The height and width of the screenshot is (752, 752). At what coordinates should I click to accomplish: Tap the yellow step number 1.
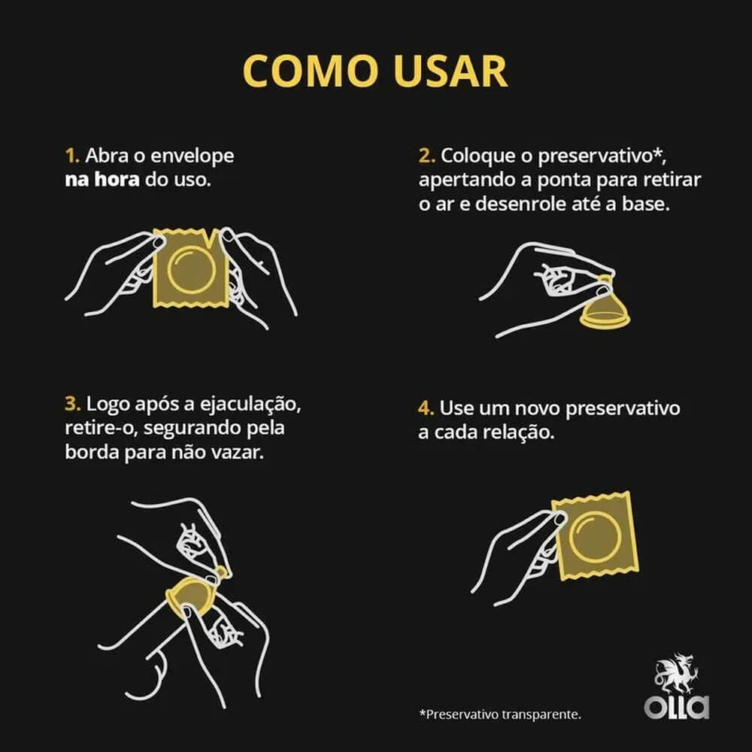pos(71,156)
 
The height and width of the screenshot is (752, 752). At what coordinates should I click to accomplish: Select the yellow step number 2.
pos(426,156)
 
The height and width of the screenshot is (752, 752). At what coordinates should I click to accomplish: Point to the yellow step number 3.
pos(72,404)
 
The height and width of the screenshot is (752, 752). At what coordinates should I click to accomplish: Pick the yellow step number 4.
pos(426,408)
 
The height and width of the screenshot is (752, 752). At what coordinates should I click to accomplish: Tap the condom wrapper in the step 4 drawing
pos(595,535)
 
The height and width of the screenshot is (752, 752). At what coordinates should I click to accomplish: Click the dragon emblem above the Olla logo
pos(675,675)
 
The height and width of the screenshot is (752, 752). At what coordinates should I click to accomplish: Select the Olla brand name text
pos(676,708)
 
